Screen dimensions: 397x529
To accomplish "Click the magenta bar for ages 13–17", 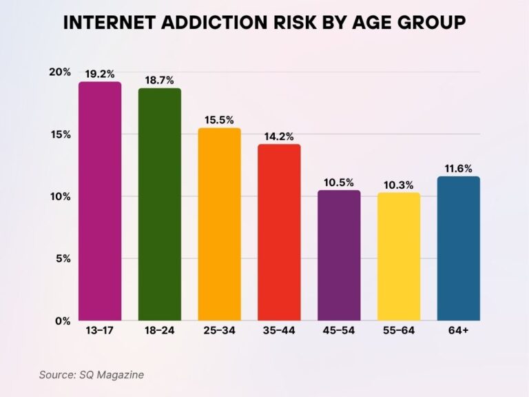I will coord(99,201).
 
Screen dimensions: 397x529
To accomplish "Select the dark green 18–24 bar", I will coord(159,204).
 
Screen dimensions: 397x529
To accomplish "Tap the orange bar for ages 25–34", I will coord(219,224).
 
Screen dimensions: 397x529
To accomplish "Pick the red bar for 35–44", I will coord(279,232).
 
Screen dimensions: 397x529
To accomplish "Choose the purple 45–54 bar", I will coord(338,255).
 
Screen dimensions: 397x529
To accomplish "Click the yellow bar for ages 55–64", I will coord(398,256).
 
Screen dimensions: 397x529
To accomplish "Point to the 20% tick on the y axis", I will coord(60,72).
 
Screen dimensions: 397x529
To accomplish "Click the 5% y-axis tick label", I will coord(63,258).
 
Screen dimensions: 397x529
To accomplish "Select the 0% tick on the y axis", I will coord(63,321).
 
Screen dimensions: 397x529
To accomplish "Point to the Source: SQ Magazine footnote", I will coord(91,374).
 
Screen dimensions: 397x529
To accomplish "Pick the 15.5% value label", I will coord(219,119).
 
